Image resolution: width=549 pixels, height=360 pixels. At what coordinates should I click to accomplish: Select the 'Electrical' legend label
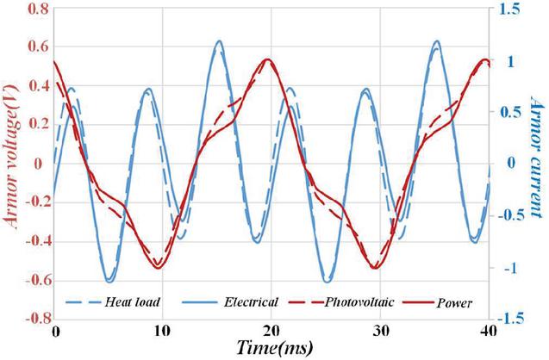tap(251, 302)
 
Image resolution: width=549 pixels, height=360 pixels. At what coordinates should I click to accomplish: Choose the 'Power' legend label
tap(454, 303)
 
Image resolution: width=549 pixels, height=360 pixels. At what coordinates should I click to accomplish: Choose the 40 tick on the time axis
tap(488, 331)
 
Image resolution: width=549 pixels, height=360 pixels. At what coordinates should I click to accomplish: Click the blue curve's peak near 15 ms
tap(219, 40)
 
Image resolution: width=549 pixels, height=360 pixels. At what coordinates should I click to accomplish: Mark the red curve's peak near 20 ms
tap(269, 59)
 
